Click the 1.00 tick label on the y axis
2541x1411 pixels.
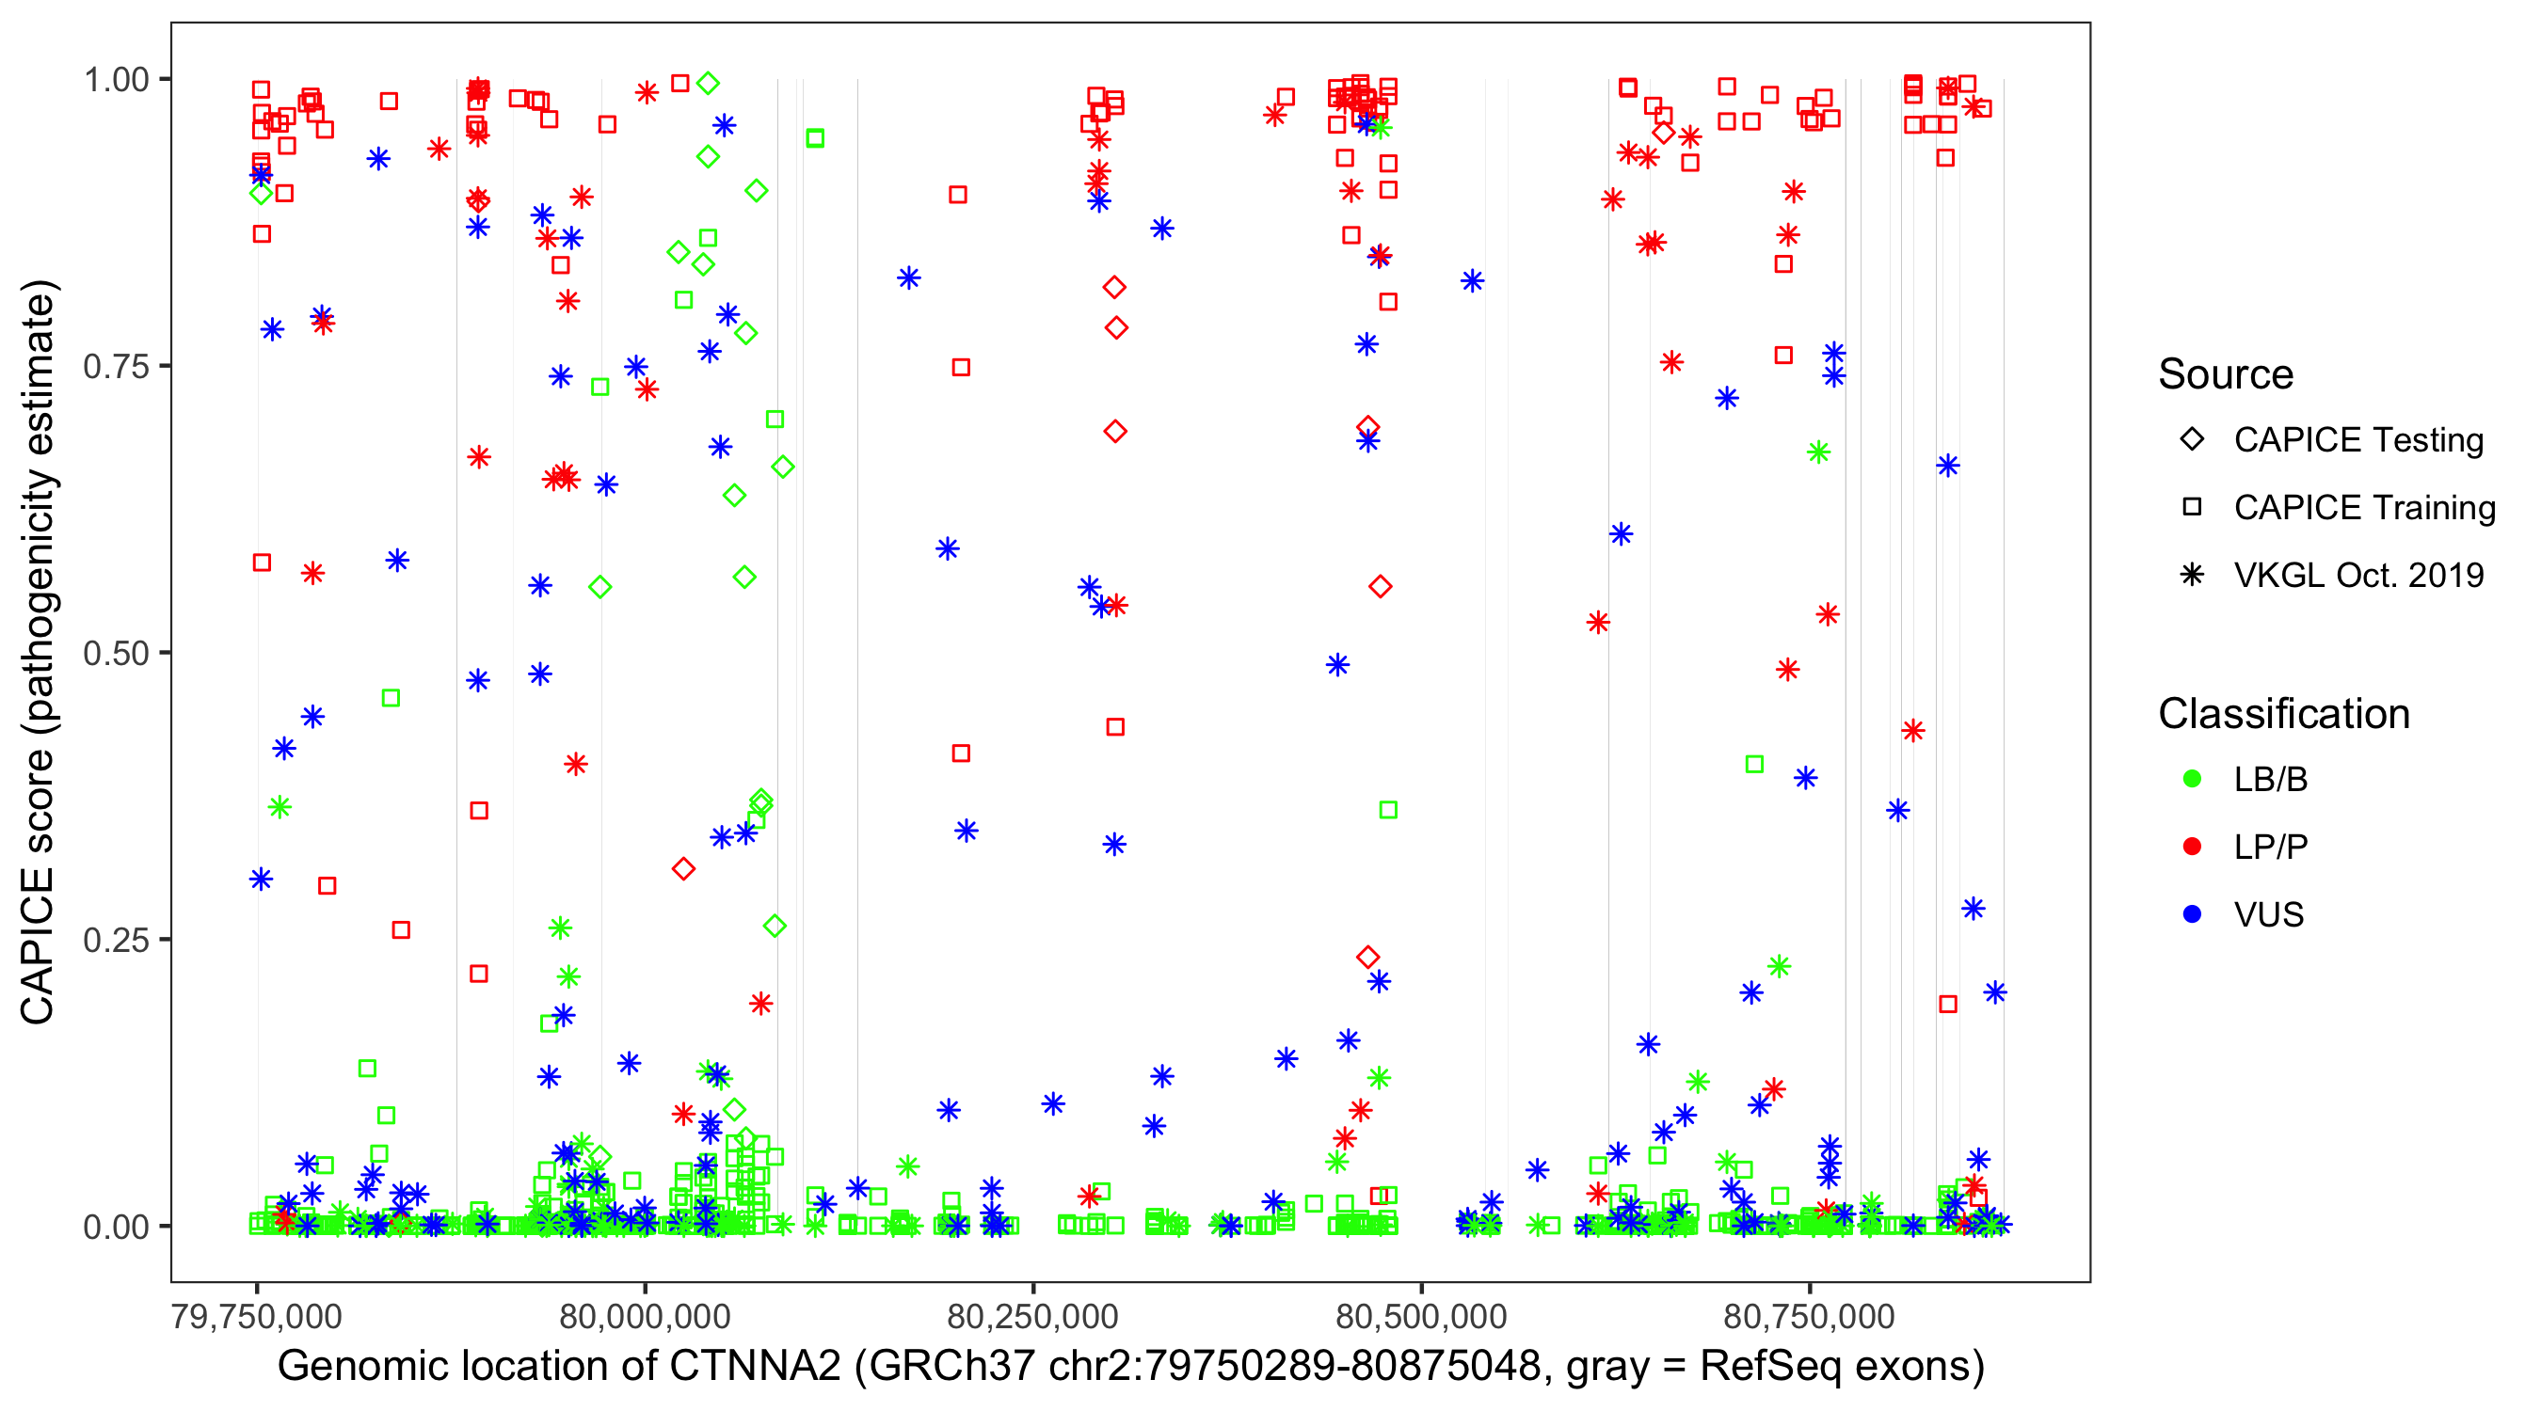pos(116,80)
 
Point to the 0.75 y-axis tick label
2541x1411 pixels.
pos(116,367)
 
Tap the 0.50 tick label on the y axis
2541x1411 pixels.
pos(116,654)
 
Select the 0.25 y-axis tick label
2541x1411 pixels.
pos(116,940)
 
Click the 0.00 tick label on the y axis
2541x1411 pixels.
pos(116,1227)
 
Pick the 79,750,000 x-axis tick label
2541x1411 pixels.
pos(257,1316)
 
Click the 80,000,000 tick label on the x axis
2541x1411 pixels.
pos(645,1316)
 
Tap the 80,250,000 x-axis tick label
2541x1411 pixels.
pos(1032,1316)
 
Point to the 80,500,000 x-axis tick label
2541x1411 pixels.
pos(1421,1316)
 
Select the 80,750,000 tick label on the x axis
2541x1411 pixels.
pos(1809,1316)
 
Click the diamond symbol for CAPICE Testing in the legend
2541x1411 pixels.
pos(2192,440)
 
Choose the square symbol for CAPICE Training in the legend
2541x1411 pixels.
pos(2192,508)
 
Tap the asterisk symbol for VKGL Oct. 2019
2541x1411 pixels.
pos(2192,575)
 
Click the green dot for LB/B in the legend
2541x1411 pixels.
pos(2192,779)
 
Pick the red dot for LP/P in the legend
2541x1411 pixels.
pos(2192,847)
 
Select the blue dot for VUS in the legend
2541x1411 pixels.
pos(2192,914)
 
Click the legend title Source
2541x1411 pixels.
pos(2226,374)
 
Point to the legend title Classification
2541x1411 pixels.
pos(2283,714)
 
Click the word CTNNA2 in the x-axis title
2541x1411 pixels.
pos(755,1367)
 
